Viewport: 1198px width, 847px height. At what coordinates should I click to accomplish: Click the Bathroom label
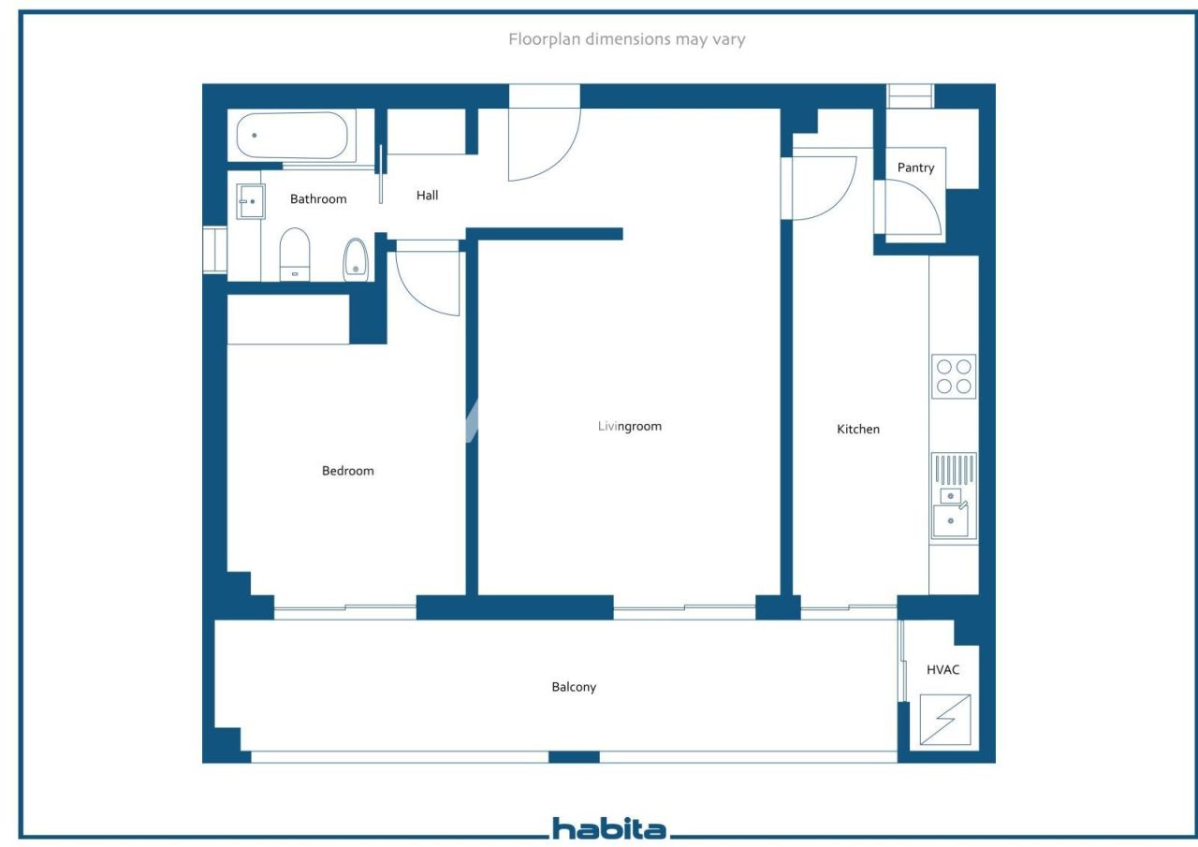[318, 199]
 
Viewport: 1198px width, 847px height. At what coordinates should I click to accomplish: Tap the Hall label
[427, 196]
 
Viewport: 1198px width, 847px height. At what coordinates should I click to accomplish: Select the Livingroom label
[629, 427]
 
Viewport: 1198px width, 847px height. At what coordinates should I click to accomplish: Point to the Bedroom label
[347, 471]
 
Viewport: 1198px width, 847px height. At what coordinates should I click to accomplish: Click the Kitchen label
[857, 430]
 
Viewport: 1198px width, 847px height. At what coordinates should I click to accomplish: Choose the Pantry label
[915, 168]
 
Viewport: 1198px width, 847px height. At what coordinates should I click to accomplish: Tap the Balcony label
[573, 687]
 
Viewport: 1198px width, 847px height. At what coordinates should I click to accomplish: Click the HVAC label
[942, 670]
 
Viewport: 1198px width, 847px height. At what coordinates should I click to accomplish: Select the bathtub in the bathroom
[291, 136]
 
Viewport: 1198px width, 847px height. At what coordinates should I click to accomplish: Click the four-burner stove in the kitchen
[953, 376]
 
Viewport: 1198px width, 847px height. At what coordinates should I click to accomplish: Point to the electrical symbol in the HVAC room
[944, 720]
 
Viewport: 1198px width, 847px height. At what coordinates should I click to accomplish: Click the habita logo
[608, 829]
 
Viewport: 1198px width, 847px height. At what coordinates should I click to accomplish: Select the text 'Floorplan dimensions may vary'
[626, 39]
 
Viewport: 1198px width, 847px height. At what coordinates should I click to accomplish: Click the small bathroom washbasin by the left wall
[250, 201]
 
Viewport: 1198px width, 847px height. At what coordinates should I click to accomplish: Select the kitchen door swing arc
[823, 187]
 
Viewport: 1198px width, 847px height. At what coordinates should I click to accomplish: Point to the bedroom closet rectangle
[288, 319]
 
